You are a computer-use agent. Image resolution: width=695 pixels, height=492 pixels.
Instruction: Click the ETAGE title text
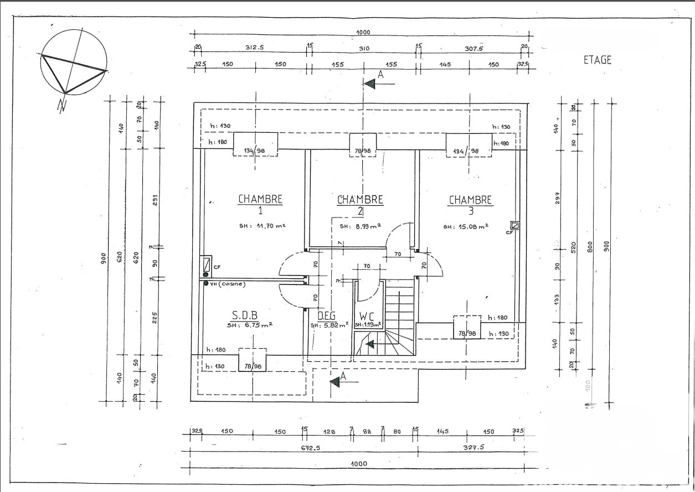tap(598, 60)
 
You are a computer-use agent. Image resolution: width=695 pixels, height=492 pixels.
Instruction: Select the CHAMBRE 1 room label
tap(260, 204)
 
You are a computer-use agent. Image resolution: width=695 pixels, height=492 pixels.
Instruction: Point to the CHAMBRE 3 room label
tap(470, 204)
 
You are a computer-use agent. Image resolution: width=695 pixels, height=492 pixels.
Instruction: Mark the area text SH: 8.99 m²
tap(360, 226)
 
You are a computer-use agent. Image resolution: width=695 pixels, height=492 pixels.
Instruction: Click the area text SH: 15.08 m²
tap(465, 226)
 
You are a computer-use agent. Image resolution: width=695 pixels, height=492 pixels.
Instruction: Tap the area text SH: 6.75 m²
tap(249, 325)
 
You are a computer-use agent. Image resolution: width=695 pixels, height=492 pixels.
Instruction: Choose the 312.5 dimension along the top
tap(254, 48)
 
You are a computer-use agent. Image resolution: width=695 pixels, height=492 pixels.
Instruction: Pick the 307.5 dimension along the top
tap(473, 48)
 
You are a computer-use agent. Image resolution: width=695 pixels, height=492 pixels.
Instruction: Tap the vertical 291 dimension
tap(156, 200)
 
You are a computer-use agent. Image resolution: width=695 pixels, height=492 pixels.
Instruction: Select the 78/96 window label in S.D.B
tap(253, 366)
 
